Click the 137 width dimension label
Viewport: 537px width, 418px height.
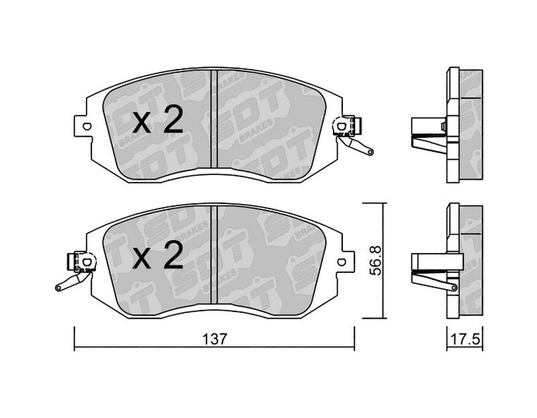pos(215,339)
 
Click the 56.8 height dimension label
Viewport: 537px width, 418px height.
pos(376,260)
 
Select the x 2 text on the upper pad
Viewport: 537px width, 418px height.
pos(158,119)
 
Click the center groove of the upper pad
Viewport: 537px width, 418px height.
pos(214,119)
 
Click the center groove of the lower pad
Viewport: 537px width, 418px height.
pos(214,255)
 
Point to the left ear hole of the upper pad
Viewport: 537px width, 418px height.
pos(87,126)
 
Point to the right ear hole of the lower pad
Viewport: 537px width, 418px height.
pos(341,262)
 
